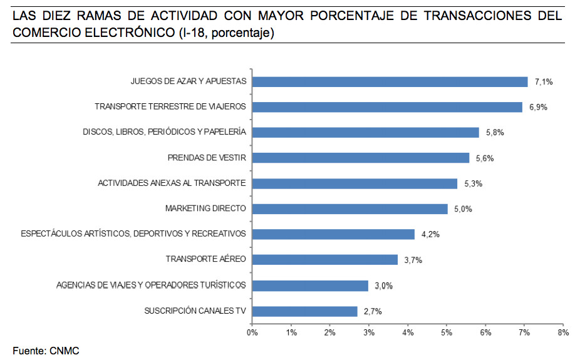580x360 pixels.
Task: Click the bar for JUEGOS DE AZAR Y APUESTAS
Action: click(390, 81)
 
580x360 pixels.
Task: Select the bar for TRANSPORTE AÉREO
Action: click(325, 259)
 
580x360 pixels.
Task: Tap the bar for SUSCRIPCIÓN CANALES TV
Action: click(305, 311)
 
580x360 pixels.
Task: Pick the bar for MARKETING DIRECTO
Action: click(350, 209)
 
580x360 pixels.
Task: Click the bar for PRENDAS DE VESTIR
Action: click(361, 158)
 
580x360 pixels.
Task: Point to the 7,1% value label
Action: click(544, 81)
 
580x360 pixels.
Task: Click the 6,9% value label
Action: click(538, 107)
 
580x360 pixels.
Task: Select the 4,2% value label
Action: click(430, 234)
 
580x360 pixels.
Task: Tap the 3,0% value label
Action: click(383, 285)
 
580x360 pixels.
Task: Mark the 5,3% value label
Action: click(474, 183)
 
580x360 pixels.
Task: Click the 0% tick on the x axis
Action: click(252, 332)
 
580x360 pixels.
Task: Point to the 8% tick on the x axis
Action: click(563, 332)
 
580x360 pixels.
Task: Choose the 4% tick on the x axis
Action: click(408, 332)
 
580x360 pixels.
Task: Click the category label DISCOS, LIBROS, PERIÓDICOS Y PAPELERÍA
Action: click(164, 132)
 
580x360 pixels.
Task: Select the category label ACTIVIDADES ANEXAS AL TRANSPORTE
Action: click(172, 183)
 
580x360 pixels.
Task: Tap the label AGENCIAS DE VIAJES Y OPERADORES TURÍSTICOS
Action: click(151, 285)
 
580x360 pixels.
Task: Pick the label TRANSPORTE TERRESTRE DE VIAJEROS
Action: click(170, 106)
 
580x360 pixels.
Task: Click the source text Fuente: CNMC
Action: click(46, 351)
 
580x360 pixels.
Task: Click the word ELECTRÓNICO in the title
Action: click(130, 33)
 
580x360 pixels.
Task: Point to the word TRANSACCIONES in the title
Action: click(477, 16)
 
